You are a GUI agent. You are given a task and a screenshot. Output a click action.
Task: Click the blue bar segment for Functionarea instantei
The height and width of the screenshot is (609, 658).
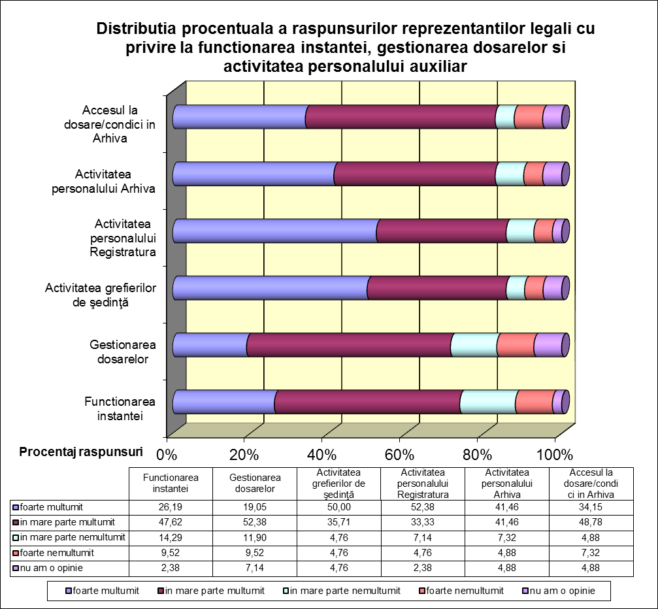tap(225, 402)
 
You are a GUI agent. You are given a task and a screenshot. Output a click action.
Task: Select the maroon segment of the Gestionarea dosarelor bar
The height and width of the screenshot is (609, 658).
tap(350, 345)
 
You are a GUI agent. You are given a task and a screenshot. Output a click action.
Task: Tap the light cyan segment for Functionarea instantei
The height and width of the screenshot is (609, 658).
tap(489, 402)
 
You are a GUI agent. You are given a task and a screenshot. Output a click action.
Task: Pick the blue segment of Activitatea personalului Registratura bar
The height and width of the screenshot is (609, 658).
tap(275, 231)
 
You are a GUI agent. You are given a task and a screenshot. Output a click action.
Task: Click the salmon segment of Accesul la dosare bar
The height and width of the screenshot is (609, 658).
tap(529, 117)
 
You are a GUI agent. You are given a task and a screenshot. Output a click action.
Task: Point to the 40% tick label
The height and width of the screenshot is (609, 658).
tap(322, 455)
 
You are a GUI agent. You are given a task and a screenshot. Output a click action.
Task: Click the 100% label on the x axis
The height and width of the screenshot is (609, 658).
tap(555, 455)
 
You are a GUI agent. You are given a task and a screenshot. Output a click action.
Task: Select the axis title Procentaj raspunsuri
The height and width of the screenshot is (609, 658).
tap(81, 452)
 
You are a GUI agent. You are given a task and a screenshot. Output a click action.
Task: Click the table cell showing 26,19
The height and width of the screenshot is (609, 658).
tap(171, 507)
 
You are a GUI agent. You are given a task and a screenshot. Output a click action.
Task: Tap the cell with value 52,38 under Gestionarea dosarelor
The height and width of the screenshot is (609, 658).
tap(255, 522)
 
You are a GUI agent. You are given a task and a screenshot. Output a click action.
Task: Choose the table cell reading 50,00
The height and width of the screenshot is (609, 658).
tap(338, 507)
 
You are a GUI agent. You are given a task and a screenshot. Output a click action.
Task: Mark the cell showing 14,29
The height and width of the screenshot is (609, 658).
tap(171, 538)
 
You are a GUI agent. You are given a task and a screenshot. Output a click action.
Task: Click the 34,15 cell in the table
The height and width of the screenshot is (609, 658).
tap(591, 507)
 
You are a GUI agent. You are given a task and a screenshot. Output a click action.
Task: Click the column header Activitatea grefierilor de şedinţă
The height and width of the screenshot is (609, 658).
tap(338, 484)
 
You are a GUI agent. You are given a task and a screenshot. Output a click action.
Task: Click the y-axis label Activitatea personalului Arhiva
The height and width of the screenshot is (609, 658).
tap(103, 181)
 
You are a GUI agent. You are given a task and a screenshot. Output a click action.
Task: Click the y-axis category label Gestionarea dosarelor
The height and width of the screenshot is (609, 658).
tap(123, 352)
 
